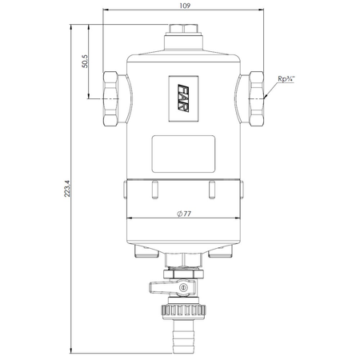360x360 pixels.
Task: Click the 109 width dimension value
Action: [185, 6]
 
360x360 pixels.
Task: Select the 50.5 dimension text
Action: [85, 62]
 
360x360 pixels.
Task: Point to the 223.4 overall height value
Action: [67, 189]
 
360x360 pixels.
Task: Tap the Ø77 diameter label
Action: [184, 214]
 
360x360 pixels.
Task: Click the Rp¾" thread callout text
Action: [286, 78]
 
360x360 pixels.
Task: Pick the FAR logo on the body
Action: [183, 98]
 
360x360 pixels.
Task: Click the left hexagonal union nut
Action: [110, 98]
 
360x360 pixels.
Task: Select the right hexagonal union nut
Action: [256, 98]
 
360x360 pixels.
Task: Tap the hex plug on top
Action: [183, 29]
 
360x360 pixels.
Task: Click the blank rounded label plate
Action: [183, 154]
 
